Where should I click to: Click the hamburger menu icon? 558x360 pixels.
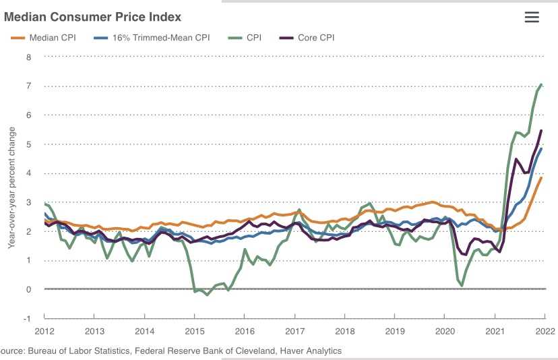(x=532, y=17)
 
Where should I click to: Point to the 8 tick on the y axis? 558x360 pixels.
(x=28, y=57)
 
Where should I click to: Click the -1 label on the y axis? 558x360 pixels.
(x=27, y=318)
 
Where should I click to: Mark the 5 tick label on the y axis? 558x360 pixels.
(x=28, y=144)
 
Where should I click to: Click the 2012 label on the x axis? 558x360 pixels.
(x=44, y=331)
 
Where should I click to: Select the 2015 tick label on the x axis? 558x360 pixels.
(x=194, y=331)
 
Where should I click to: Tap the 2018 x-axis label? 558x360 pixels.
(x=345, y=331)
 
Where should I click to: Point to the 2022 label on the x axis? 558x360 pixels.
(x=545, y=331)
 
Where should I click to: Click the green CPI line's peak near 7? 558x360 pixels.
(x=542, y=84)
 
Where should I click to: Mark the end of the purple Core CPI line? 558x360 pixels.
(x=542, y=131)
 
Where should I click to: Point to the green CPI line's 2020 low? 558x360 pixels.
(x=462, y=285)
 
